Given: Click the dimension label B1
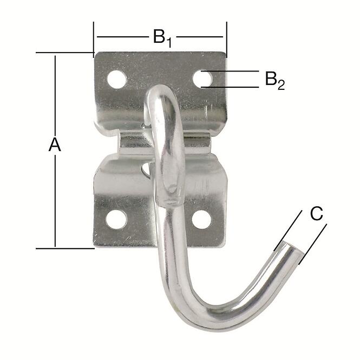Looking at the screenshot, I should (x=161, y=37).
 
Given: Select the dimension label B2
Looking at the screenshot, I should (x=274, y=80).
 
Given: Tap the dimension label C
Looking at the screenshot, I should (x=317, y=214).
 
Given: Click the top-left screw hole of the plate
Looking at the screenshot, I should (x=116, y=80).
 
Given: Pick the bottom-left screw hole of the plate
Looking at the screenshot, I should (x=116, y=219).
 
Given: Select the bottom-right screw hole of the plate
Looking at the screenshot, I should (x=201, y=219).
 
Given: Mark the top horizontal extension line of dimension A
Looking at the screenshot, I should (x=65, y=53).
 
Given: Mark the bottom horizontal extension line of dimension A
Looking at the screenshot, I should (x=65, y=248).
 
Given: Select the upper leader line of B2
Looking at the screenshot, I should (x=233, y=71).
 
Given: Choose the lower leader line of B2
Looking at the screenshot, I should (x=233, y=87).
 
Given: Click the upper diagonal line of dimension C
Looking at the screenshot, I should (x=289, y=230).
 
